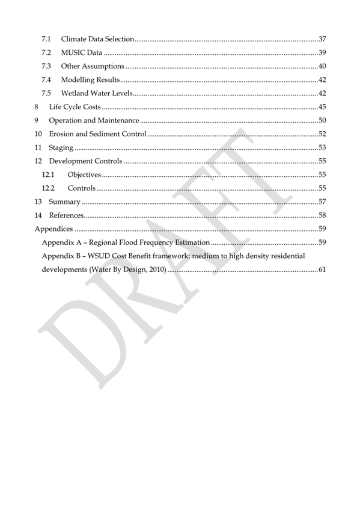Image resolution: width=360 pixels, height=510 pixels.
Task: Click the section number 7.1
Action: [46, 39]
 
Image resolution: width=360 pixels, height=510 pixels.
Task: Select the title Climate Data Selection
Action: [97, 39]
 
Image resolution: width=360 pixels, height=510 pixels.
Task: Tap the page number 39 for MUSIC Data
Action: [322, 52]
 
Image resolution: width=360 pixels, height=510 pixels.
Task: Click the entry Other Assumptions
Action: [93, 66]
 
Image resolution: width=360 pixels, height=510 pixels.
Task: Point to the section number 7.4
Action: [46, 79]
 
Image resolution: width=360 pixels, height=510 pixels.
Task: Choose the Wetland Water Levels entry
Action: [96, 93]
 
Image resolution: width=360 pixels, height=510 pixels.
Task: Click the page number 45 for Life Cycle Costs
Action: [322, 106]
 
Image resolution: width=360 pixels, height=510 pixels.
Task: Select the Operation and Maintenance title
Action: [94, 120]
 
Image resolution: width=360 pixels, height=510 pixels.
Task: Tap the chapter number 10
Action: [38, 134]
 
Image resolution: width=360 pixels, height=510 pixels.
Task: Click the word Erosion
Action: [61, 134]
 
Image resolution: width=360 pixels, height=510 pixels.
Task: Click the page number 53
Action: [322, 147]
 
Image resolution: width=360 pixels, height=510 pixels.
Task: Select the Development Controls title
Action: [85, 161]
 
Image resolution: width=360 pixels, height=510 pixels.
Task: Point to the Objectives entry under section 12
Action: [84, 174]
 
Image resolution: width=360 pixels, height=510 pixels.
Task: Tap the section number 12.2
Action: [48, 188]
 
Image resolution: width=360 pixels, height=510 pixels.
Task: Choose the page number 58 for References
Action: [322, 215]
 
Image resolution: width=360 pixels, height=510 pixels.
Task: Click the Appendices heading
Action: [53, 229]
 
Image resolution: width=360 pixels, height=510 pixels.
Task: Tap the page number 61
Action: [322, 269]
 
